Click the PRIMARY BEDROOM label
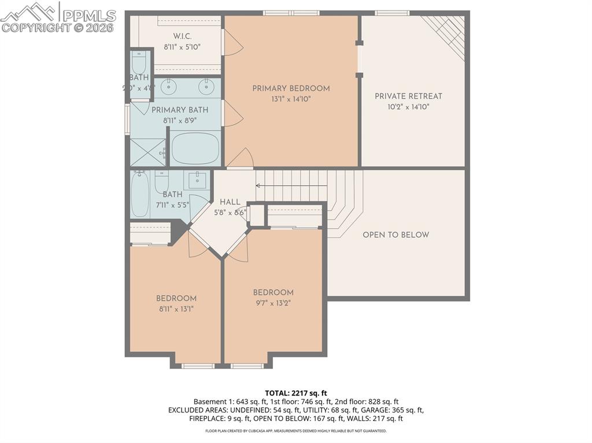[x=291, y=88]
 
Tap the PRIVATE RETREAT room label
[x=408, y=96]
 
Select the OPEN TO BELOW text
[x=396, y=235]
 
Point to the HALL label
[x=230, y=202]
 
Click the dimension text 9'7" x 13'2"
[x=273, y=303]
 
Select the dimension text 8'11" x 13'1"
[x=176, y=308]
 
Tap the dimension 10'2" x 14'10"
[x=408, y=107]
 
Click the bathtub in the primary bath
[x=196, y=148]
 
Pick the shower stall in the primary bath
[x=147, y=152]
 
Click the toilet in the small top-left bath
[x=139, y=62]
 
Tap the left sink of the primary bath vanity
[x=168, y=87]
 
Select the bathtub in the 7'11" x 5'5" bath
[x=140, y=195]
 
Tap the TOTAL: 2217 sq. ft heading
[x=295, y=393]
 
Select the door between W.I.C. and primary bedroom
[x=231, y=43]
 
